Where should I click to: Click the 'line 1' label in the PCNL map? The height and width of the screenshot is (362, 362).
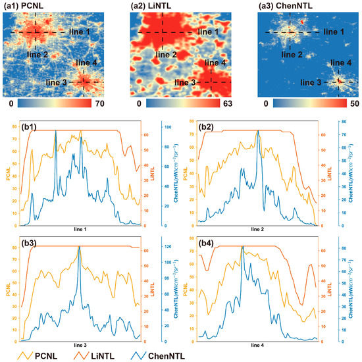point(77,32)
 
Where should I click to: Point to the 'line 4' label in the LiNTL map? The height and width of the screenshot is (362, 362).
point(217,63)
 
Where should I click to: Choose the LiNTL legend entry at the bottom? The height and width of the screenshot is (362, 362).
point(119,356)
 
